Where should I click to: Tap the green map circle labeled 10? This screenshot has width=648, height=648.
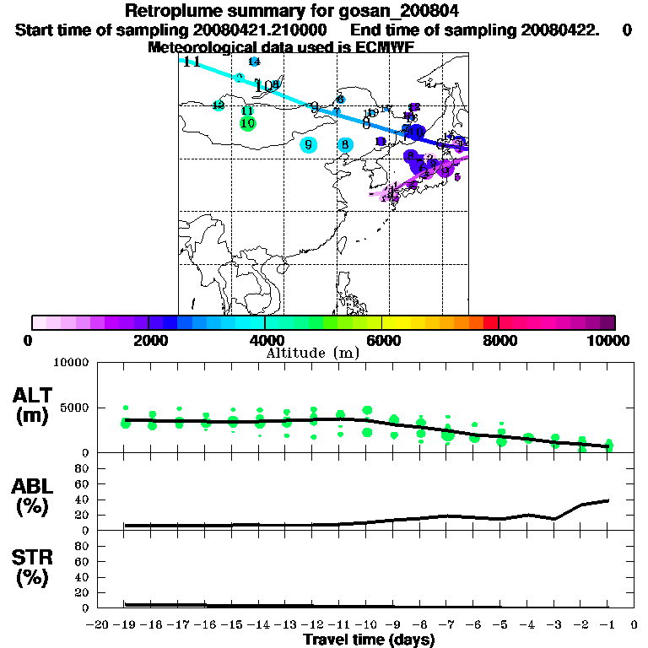(x=247, y=123)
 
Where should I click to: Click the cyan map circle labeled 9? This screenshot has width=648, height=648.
(x=309, y=144)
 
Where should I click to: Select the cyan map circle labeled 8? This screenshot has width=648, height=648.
(x=345, y=144)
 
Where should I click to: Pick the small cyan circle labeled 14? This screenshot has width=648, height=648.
(x=254, y=62)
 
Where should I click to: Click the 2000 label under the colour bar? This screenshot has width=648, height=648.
(x=148, y=340)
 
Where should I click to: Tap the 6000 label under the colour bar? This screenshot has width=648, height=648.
(x=382, y=340)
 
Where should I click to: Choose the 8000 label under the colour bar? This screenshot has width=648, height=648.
(x=499, y=340)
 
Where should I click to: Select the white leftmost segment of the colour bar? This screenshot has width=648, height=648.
(x=39, y=322)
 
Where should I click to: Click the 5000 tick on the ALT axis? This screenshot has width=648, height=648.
(x=75, y=408)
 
